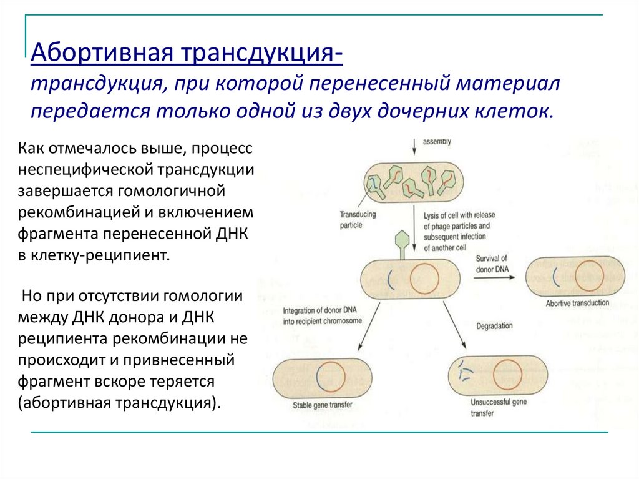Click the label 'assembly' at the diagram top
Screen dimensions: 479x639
(437, 142)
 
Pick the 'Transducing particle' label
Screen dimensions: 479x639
(358, 219)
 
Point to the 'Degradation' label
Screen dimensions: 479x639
(494, 326)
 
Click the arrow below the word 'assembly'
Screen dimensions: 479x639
(414, 145)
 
